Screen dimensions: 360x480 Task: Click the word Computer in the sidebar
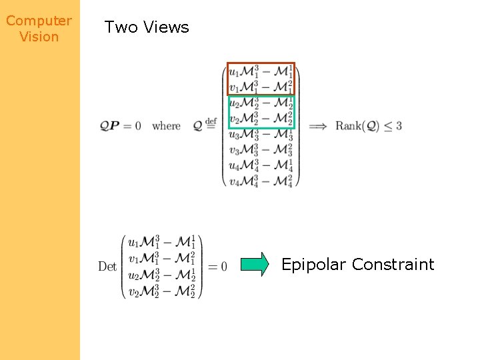(39, 21)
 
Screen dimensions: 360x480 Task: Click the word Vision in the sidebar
(39, 37)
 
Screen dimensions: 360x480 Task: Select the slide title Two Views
(147, 27)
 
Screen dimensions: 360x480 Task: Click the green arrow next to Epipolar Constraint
(255, 265)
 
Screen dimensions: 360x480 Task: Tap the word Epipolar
(313, 265)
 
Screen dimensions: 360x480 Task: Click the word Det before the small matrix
(107, 267)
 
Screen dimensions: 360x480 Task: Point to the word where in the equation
(166, 125)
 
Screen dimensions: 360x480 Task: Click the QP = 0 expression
(120, 125)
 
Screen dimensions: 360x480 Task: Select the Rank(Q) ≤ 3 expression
(368, 125)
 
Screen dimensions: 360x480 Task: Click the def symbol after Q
(211, 121)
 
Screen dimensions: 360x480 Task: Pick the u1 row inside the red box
(261, 71)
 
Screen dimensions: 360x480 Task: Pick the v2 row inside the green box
(261, 118)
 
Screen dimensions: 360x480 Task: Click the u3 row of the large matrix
(261, 134)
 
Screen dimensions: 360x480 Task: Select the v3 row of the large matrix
(261, 149)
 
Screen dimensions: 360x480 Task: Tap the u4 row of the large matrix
(261, 165)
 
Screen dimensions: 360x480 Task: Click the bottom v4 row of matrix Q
(261, 180)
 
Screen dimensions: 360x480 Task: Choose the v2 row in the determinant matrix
(161, 291)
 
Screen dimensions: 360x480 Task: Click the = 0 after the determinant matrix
(217, 267)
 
